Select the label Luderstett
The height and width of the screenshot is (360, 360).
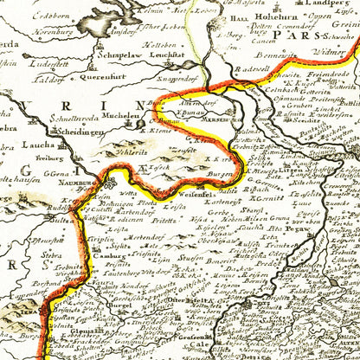(47, 62)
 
